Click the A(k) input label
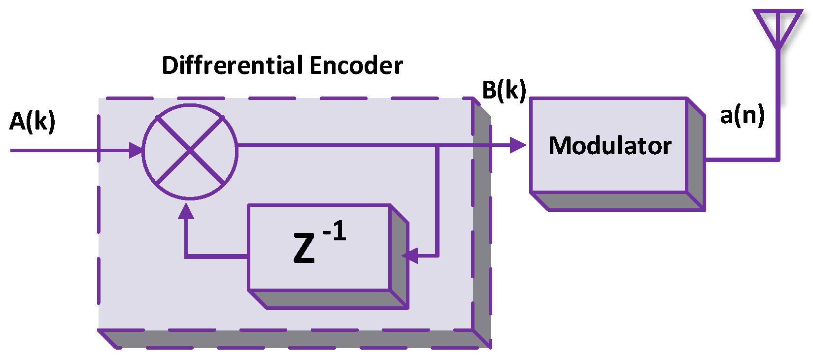[x=33, y=122]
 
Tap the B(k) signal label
[x=504, y=90]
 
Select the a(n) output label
[x=742, y=116]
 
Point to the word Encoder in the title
[x=356, y=65]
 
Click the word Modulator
[x=610, y=146]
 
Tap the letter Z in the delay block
[x=304, y=248]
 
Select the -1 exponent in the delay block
[x=335, y=231]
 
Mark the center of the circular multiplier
[x=190, y=152]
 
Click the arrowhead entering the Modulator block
[x=518, y=145]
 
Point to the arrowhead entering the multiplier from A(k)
[x=135, y=150]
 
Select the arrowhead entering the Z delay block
[x=409, y=256]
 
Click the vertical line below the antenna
[x=778, y=103]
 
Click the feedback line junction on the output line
[x=437, y=145]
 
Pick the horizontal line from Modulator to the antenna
[x=742, y=160]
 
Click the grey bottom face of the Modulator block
[x=618, y=201]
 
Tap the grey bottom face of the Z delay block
[x=328, y=299]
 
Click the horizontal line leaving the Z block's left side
[x=217, y=256]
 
